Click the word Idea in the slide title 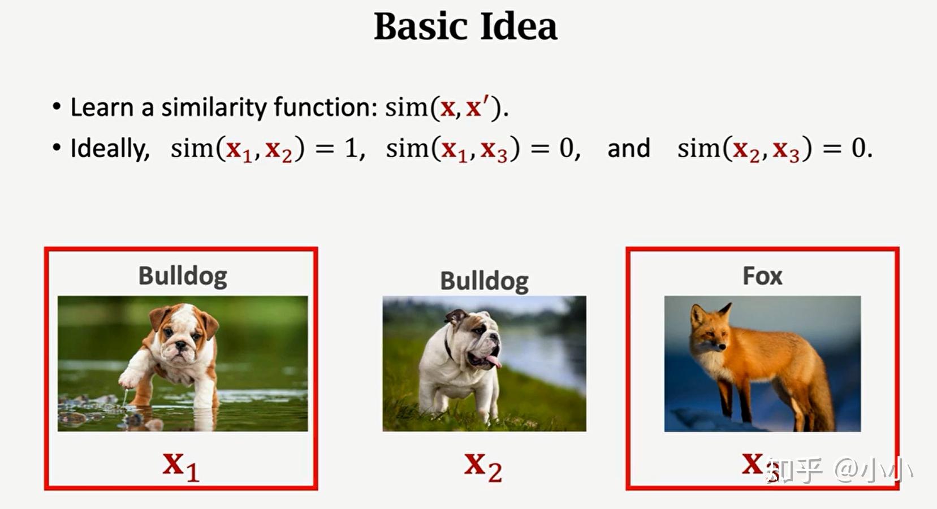coord(518,27)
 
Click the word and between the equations coord(628,149)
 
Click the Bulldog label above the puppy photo coord(183,276)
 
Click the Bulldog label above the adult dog coord(484,281)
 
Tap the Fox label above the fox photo coord(762,276)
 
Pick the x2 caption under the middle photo coord(483,466)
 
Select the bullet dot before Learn coord(56,107)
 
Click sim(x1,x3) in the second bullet coord(452,149)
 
